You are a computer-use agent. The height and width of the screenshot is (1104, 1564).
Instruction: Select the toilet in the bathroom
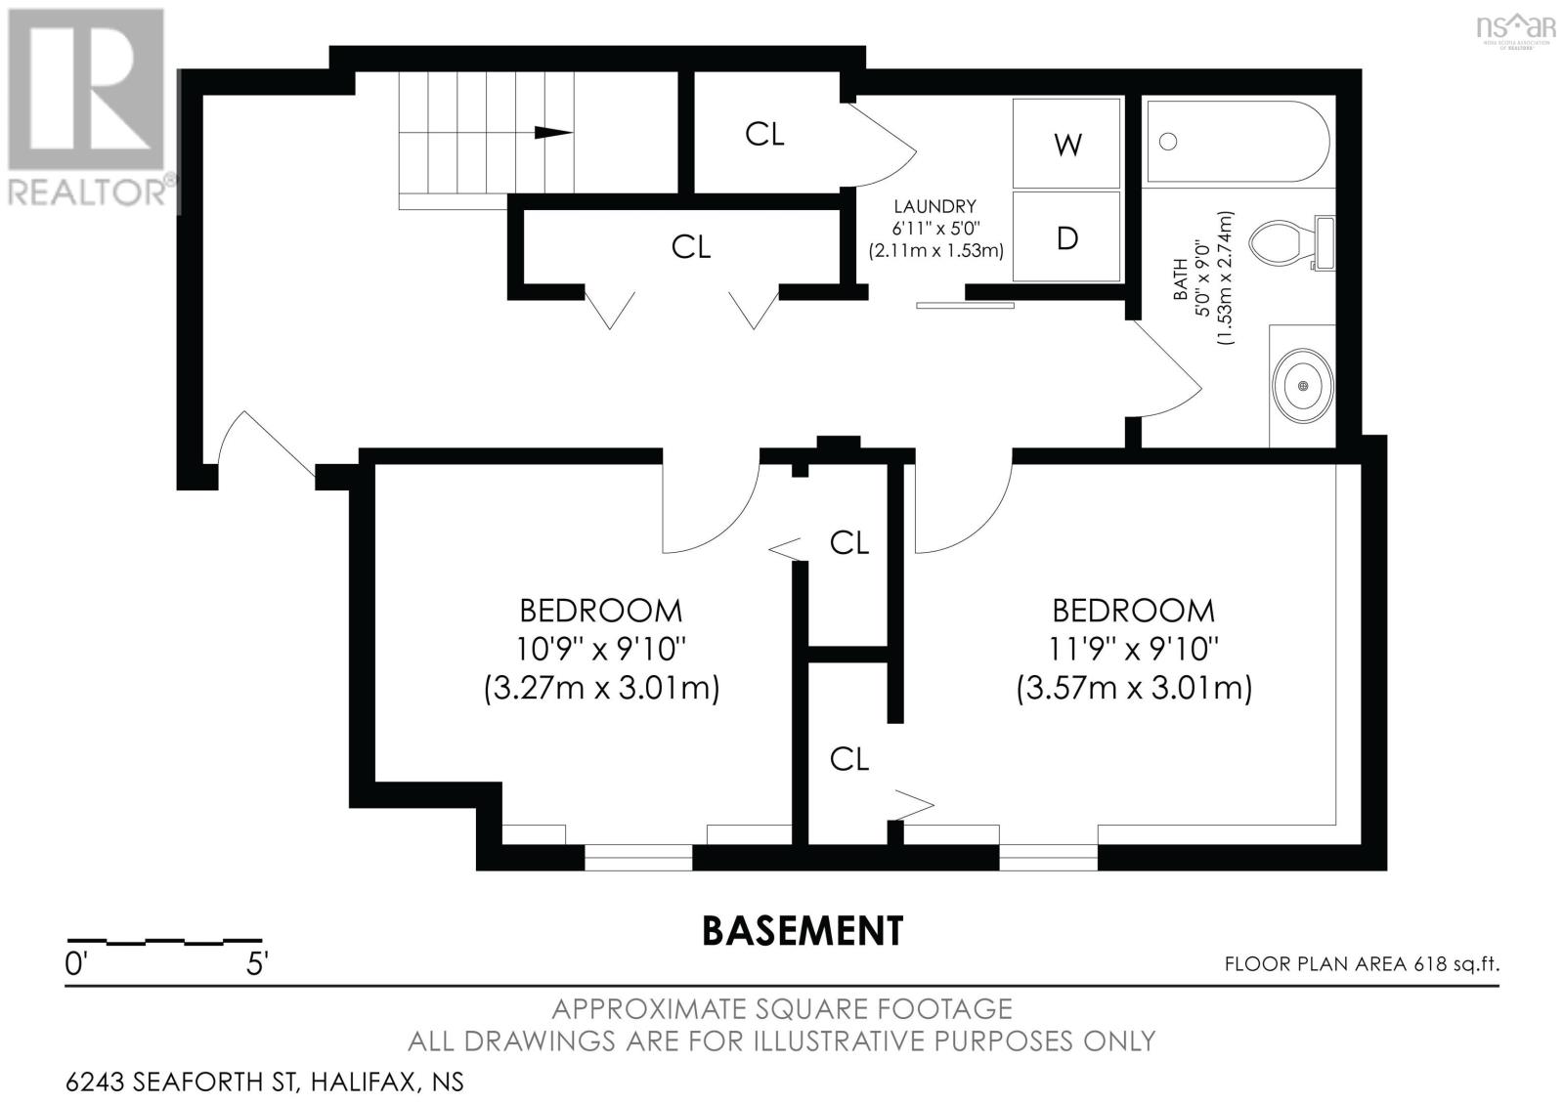1291,243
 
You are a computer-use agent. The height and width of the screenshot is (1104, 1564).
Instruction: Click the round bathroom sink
1302,385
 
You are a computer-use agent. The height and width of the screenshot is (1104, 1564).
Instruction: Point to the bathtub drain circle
1168,142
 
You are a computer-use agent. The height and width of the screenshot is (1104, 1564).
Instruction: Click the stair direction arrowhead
553,132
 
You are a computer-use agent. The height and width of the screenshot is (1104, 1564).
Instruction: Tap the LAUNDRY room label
934,206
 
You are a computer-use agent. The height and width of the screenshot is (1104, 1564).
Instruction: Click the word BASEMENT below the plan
803,930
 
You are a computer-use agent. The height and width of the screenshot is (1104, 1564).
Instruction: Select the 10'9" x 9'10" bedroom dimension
601,649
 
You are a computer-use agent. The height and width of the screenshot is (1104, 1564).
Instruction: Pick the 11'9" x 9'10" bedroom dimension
1133,649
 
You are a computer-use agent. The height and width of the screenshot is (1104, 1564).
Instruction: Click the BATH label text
1180,278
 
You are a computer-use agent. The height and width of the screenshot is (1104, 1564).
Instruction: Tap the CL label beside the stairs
764,133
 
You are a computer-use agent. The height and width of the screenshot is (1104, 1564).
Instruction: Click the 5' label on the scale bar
257,963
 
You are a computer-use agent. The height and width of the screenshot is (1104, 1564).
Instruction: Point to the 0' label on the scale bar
74,963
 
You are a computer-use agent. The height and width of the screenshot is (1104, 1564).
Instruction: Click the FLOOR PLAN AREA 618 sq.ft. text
1362,963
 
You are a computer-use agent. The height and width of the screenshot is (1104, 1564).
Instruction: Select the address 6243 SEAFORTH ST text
183,1083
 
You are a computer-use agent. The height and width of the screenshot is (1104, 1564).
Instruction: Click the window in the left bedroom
638,857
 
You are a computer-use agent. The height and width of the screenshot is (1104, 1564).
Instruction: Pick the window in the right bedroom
1048,857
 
